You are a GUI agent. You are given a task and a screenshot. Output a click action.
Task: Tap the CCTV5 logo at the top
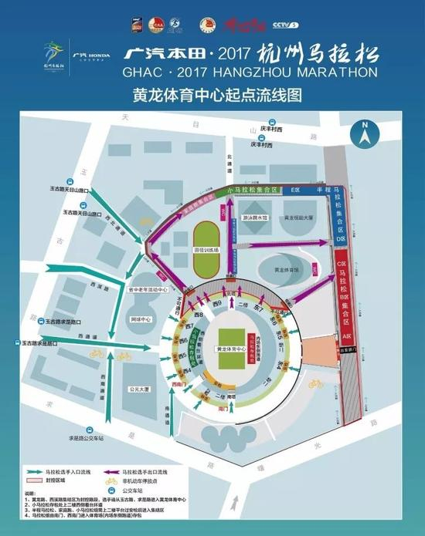click(x=285, y=24)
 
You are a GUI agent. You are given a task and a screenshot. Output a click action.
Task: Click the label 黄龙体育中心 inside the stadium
click(x=231, y=349)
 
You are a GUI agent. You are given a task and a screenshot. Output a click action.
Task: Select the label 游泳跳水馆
click(x=255, y=218)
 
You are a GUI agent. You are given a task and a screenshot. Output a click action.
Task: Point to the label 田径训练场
click(x=206, y=251)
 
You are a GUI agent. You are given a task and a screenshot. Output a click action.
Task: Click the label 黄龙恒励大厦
click(x=297, y=218)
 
